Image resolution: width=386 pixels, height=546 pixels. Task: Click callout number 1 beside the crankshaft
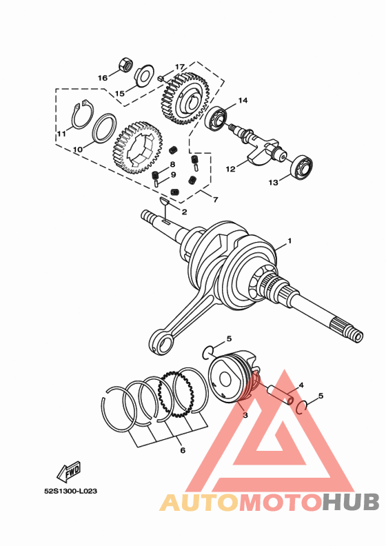290,241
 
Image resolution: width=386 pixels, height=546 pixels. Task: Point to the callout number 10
78,149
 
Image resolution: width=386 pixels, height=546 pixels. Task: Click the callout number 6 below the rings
183,451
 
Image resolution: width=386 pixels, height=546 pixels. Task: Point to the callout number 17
180,67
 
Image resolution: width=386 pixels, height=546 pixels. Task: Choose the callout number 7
215,200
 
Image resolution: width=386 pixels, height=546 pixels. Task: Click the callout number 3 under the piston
244,414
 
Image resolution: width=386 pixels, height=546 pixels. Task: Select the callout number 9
173,174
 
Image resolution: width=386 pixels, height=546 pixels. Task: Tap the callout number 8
172,164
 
